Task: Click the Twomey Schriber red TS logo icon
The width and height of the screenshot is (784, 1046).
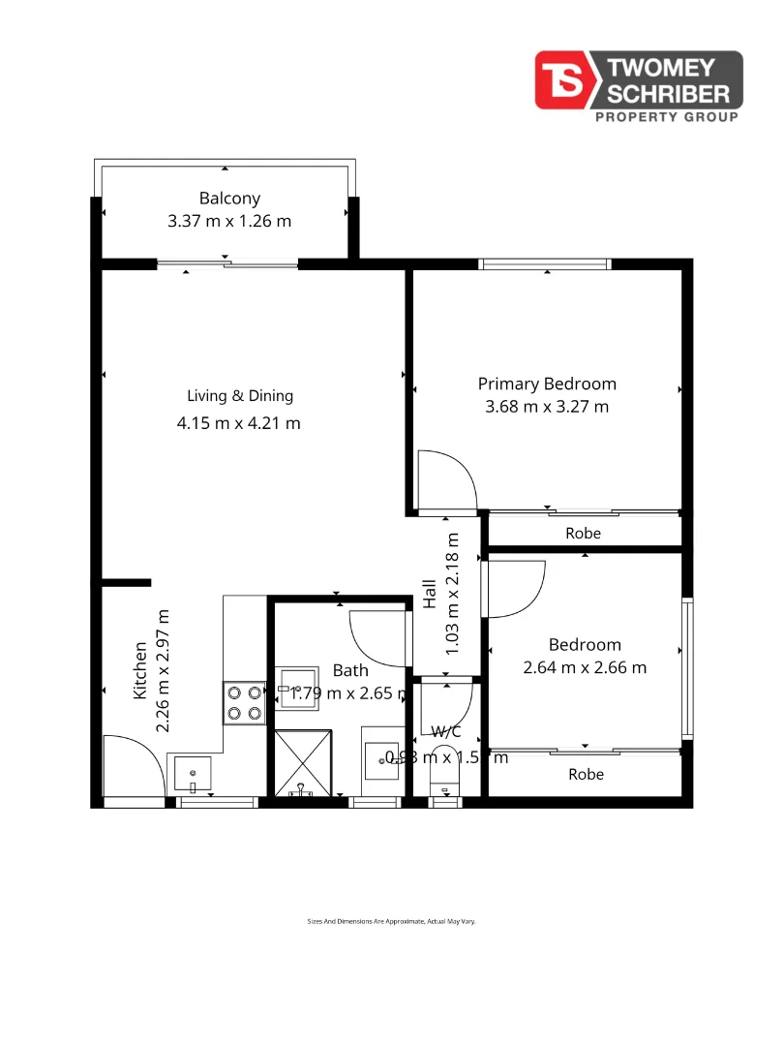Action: click(x=567, y=79)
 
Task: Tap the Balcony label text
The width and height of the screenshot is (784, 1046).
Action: click(x=229, y=199)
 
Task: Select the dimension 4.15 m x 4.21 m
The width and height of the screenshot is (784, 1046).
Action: click(x=238, y=423)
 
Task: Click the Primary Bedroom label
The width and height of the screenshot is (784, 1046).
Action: click(x=547, y=384)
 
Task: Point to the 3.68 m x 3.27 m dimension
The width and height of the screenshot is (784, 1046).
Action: click(x=547, y=407)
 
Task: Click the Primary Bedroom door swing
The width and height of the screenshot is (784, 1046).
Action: click(x=443, y=481)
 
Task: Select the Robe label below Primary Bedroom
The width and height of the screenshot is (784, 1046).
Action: click(x=584, y=534)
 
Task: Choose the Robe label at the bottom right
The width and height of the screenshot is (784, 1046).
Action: click(x=586, y=774)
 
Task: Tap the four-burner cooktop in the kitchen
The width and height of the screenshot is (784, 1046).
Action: click(x=244, y=704)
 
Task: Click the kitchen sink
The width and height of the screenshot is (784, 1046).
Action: click(x=193, y=773)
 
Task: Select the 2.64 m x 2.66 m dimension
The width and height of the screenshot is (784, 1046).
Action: click(x=585, y=667)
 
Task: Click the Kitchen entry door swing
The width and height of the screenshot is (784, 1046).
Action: click(x=131, y=765)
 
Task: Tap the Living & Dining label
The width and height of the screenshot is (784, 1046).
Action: click(x=240, y=395)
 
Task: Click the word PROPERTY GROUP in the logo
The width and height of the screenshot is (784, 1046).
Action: click(x=665, y=117)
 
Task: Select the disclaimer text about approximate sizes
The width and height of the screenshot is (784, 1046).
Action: click(x=391, y=922)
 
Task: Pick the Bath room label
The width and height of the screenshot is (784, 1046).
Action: click(x=350, y=670)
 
